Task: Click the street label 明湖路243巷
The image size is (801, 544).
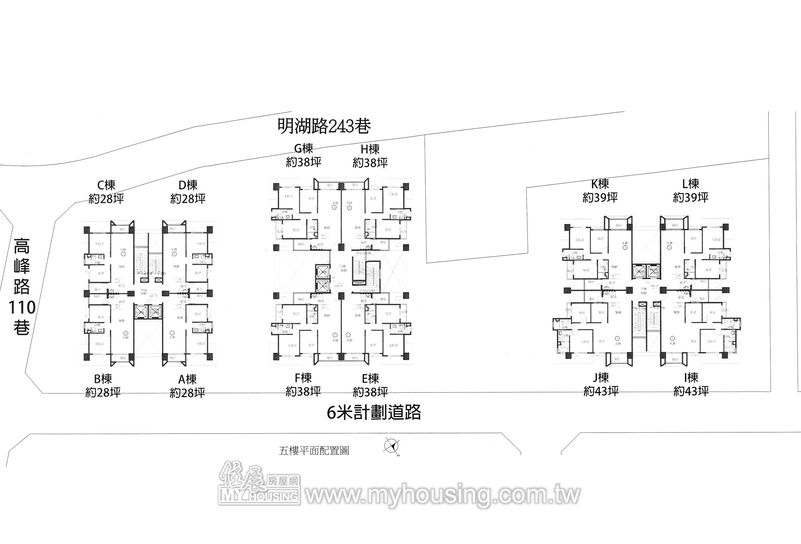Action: (x=324, y=126)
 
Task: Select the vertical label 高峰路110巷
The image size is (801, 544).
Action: (x=22, y=287)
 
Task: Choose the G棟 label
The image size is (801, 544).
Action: (x=303, y=149)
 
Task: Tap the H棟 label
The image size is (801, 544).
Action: (x=370, y=149)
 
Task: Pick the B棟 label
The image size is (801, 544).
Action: (x=103, y=379)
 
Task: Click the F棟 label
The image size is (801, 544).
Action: (x=303, y=378)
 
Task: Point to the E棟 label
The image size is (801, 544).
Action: (x=370, y=379)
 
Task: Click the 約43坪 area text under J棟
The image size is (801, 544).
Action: (x=601, y=391)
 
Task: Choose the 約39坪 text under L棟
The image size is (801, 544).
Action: (x=691, y=197)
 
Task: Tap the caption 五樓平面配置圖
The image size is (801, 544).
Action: (x=314, y=451)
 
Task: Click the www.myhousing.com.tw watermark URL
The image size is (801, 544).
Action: (x=443, y=495)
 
